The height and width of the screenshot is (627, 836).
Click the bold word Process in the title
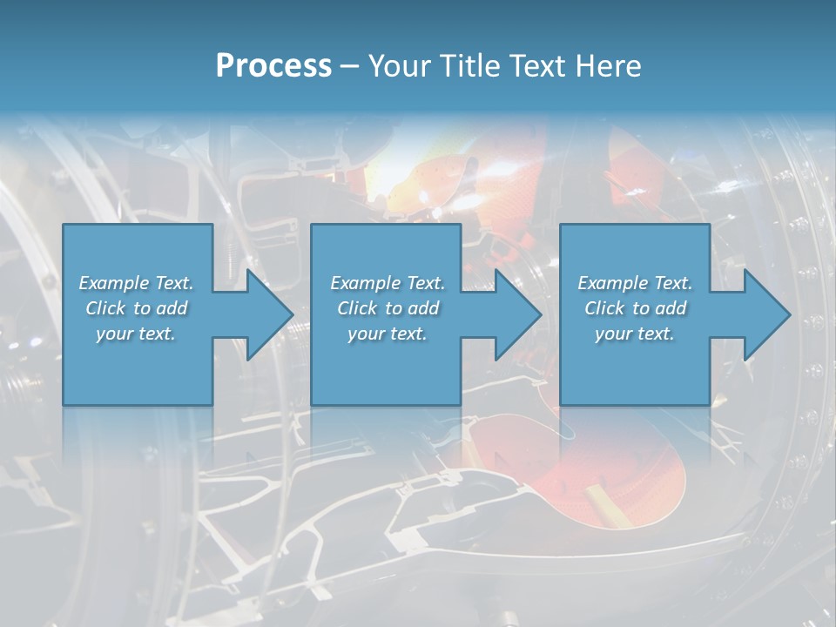click(273, 66)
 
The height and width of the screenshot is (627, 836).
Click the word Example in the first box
click(113, 283)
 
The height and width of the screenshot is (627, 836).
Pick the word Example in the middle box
click(365, 283)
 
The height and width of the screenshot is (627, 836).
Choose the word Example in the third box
click(612, 283)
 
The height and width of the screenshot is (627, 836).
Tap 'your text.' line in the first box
click(136, 334)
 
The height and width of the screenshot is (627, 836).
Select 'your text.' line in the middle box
click(387, 334)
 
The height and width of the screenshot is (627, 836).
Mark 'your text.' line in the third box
click(635, 334)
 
